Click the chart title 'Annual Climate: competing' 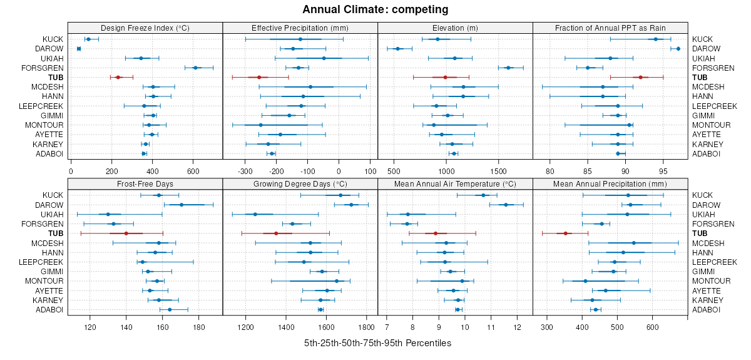pyautogui.click(x=375, y=9)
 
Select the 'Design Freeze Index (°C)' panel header pyautogui.click(x=145, y=28)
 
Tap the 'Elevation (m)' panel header pyautogui.click(x=455, y=28)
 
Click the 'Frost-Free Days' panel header pyautogui.click(x=145, y=184)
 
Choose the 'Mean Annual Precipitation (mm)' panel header pyautogui.click(x=610, y=184)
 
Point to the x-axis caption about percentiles pyautogui.click(x=377, y=343)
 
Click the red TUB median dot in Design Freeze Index pyautogui.click(x=118, y=77)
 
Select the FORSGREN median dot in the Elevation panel pyautogui.click(x=508, y=68)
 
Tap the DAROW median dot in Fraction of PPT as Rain pyautogui.click(x=678, y=48)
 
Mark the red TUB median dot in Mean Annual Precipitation pyautogui.click(x=565, y=234)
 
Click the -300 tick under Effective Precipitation pyautogui.click(x=245, y=170)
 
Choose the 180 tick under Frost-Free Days pyautogui.click(x=200, y=326)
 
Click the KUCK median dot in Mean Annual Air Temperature pyautogui.click(x=483, y=195)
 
